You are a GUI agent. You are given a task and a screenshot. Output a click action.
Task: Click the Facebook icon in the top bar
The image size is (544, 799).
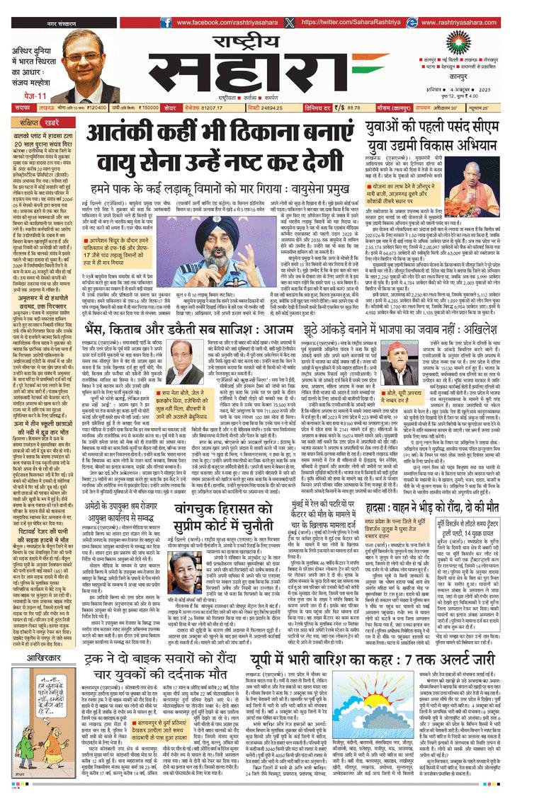coord(165,22)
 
